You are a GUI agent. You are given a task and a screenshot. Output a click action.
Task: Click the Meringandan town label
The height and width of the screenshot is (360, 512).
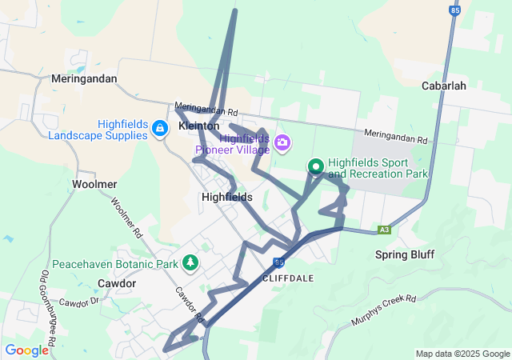[x=83, y=79]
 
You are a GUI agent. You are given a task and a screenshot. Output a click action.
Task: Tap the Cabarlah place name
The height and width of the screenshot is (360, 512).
[x=444, y=86]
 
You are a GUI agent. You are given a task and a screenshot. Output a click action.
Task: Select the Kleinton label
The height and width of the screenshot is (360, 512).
[x=199, y=126]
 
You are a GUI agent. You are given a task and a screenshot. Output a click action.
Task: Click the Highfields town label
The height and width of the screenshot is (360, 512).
[x=227, y=197]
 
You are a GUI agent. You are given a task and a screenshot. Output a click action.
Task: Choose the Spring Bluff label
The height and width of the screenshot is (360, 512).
[x=405, y=254]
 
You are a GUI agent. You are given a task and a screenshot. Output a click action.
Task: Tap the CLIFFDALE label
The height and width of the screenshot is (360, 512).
[x=286, y=278]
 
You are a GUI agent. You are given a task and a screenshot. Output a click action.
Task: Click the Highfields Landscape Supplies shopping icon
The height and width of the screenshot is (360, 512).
[x=159, y=128]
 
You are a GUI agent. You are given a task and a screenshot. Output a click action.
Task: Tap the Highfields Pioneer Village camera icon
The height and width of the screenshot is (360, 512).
[x=282, y=143]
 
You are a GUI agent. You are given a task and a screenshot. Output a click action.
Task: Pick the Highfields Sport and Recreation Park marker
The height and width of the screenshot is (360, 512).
[x=316, y=166]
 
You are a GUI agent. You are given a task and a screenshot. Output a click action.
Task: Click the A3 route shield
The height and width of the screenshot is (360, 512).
[x=385, y=230]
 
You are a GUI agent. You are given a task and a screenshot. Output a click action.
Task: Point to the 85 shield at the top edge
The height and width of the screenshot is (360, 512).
[x=455, y=10]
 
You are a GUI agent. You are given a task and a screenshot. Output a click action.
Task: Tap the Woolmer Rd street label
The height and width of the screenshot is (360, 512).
[x=126, y=218]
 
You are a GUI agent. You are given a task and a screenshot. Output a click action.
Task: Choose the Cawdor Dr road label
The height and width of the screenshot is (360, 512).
[x=78, y=302]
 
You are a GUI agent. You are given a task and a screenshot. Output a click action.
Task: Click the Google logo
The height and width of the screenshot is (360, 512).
[x=26, y=350]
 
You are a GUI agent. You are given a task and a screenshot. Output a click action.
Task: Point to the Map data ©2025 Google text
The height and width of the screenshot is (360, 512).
[x=462, y=354]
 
